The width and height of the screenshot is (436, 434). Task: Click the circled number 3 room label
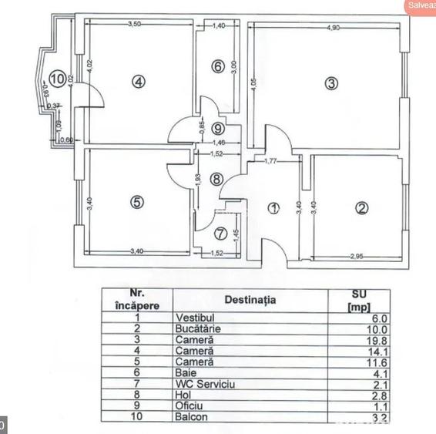330,84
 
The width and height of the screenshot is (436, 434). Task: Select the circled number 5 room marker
137,203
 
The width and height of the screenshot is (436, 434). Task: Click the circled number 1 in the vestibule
273,207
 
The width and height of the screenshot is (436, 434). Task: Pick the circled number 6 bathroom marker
218,67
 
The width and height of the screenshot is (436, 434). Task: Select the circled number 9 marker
218,129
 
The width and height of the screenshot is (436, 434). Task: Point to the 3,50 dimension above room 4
134,25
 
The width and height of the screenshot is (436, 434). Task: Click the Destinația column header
250,300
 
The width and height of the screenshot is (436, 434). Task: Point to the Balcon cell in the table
191,417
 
